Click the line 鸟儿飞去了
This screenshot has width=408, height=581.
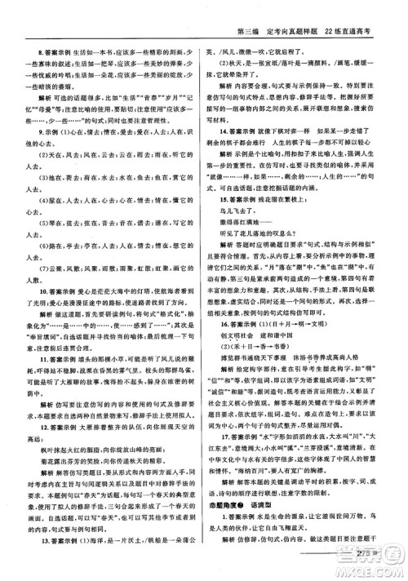coord(250,234)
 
